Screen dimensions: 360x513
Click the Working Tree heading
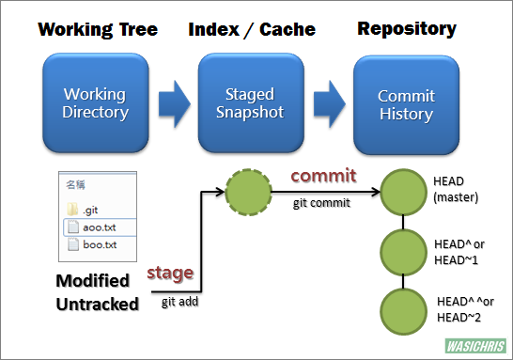coord(97,29)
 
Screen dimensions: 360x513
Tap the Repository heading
coord(407,29)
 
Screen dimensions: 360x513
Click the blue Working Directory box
coord(95,103)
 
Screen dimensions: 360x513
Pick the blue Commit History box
coord(405,104)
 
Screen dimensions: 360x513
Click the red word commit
coord(321,176)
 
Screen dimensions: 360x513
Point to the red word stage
coord(170,273)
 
